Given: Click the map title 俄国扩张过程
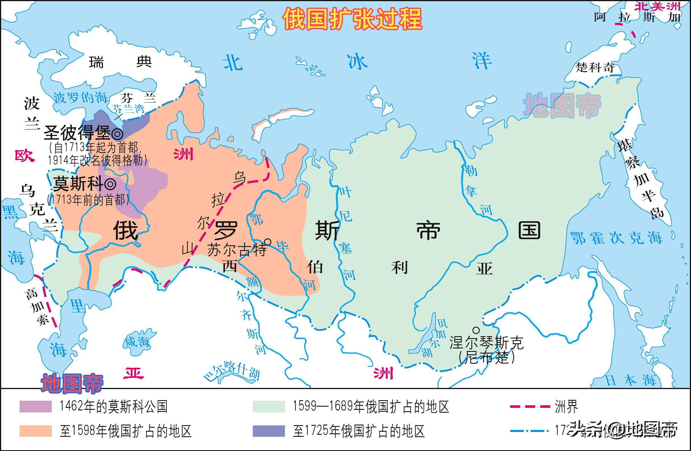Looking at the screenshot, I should (352, 19).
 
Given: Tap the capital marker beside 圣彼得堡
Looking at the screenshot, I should (118, 134).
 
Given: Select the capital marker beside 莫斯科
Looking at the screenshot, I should (110, 184).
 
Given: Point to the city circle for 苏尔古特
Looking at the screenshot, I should (268, 242).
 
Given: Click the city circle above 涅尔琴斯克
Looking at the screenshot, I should (476, 330).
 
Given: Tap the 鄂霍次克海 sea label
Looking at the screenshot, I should (616, 238).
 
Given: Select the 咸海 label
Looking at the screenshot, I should (137, 342).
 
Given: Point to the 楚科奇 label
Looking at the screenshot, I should (595, 68).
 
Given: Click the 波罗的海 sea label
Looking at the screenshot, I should (80, 98).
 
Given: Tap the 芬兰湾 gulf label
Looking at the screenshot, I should (128, 109).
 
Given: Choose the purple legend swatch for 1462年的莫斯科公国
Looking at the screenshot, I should (36, 406).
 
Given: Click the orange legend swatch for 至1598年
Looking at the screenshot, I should (36, 431).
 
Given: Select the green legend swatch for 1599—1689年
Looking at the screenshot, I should (268, 406).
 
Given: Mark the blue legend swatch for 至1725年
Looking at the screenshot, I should (268, 431).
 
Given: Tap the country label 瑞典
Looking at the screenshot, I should (120, 62).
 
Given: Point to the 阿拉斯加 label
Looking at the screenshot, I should (637, 17).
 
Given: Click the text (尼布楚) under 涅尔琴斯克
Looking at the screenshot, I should (487, 357).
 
